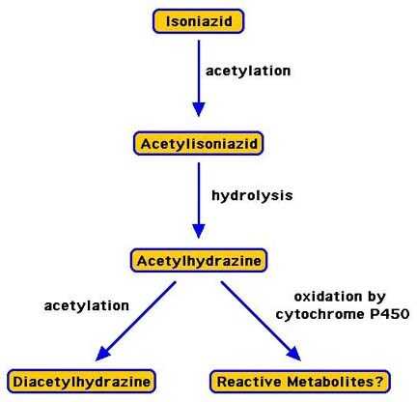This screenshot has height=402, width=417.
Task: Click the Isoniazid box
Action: pos(199,21)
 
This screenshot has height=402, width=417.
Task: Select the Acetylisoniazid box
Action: pos(199,143)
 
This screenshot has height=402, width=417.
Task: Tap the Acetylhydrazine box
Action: pos(199,260)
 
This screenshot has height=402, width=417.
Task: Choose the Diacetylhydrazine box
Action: pos(81,382)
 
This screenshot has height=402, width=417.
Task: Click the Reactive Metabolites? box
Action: pos(300,382)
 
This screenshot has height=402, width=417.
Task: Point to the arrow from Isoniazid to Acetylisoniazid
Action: pos(199,78)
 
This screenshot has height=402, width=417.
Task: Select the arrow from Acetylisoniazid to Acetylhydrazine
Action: pos(199,200)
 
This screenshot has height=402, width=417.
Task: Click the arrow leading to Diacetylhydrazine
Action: pos(136,321)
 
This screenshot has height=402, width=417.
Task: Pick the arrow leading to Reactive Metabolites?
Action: pos(261,321)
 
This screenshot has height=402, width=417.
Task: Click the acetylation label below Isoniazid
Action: pos(248,71)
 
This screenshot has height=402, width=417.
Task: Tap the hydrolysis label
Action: pos(252,195)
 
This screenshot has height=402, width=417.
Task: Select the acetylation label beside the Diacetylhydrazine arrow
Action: pos(87,305)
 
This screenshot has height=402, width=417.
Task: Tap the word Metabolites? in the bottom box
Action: pos(335,382)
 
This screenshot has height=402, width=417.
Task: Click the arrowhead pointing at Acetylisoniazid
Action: pos(199,109)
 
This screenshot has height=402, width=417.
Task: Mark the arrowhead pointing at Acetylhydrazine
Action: pos(199,231)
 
